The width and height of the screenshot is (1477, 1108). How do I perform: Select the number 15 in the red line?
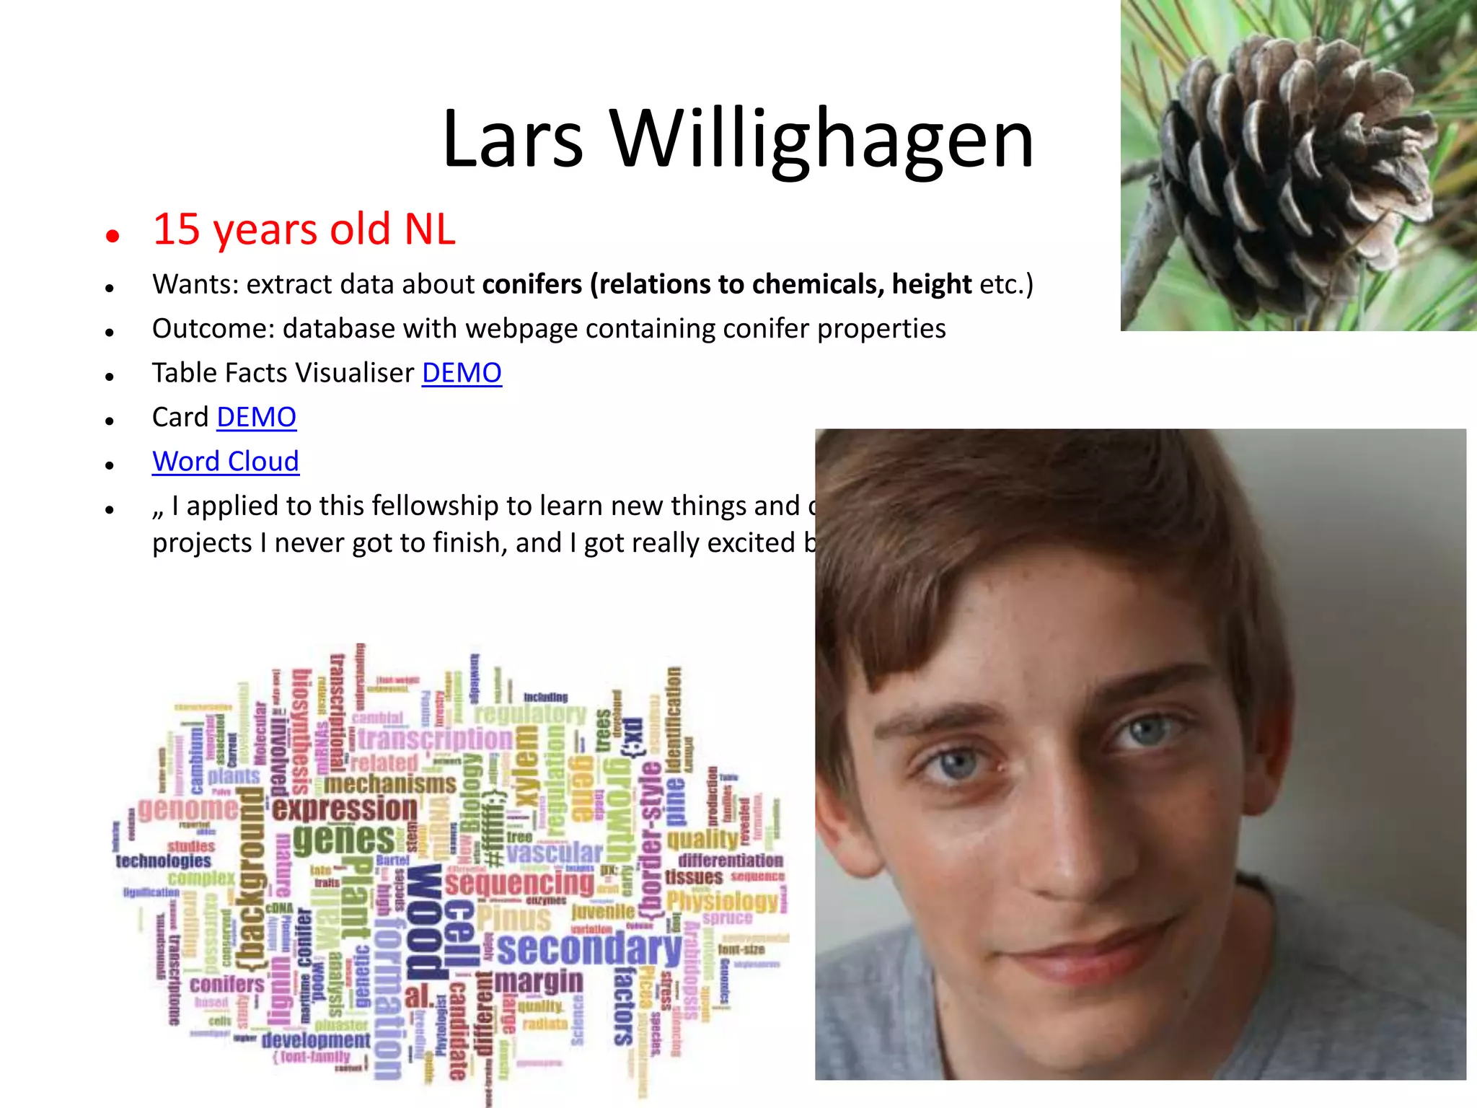(x=176, y=229)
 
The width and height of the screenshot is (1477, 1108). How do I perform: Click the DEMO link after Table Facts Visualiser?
(x=462, y=373)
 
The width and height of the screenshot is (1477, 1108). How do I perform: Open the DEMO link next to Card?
(x=256, y=417)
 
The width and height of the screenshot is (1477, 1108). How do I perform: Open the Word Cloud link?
(x=225, y=462)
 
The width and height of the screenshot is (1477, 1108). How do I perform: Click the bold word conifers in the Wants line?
(x=532, y=284)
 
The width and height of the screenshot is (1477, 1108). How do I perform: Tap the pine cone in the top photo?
(x=1298, y=159)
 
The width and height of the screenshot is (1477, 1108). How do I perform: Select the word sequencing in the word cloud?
(x=520, y=882)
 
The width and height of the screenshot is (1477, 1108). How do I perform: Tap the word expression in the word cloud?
(x=345, y=809)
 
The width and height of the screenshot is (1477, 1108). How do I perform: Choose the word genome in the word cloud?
(x=188, y=809)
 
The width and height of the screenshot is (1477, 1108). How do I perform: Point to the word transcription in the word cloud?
(x=435, y=739)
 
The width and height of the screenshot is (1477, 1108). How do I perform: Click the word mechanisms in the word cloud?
(x=389, y=783)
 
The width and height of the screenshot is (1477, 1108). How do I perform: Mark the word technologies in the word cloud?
(x=164, y=861)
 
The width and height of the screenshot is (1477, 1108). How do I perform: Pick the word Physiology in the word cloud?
(x=722, y=901)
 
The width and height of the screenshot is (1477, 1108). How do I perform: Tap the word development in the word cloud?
(x=316, y=1039)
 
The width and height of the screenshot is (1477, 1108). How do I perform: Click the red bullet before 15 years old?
(x=112, y=235)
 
